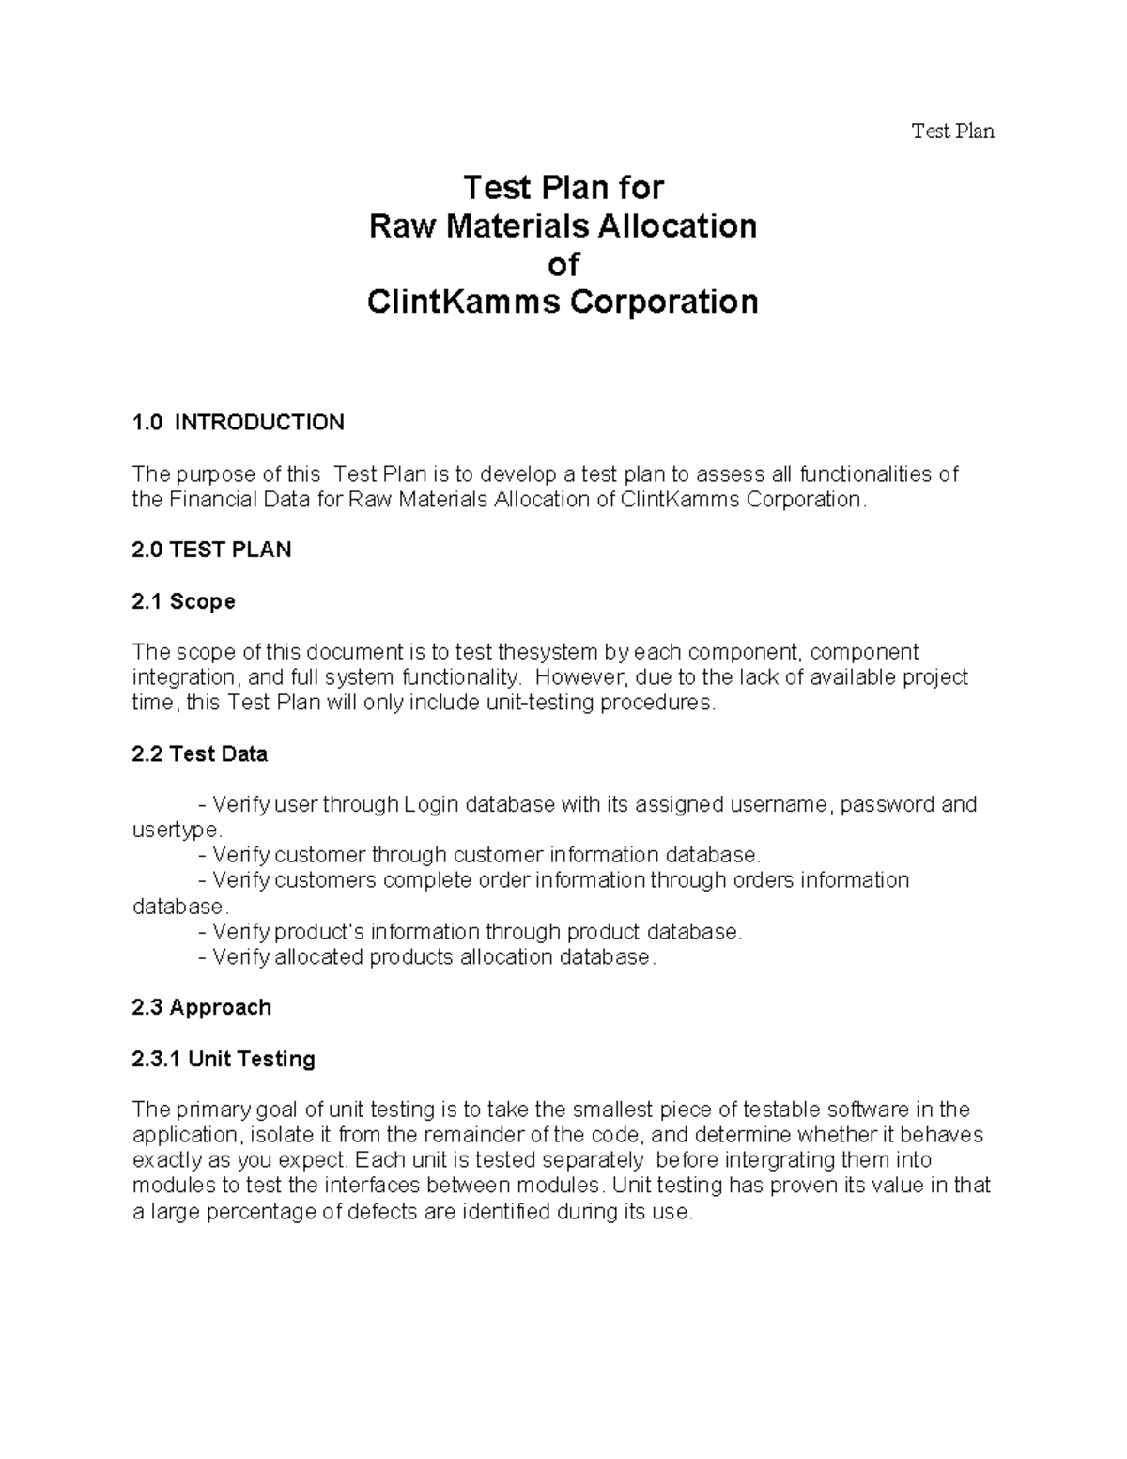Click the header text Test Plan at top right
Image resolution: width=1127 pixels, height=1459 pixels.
pos(952,132)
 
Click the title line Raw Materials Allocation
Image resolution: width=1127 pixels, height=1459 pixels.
pos(563,226)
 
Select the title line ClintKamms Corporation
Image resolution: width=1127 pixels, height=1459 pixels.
pos(563,303)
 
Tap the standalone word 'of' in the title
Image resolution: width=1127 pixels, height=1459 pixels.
pos(563,265)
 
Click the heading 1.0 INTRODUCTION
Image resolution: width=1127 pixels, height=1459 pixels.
pos(239,423)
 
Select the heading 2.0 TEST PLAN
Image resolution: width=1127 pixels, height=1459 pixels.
pos(212,551)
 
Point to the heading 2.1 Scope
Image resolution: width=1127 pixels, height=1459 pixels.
pos(184,601)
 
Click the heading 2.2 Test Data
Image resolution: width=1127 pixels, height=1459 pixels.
pos(200,754)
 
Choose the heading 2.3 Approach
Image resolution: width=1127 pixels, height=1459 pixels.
pos(202,1008)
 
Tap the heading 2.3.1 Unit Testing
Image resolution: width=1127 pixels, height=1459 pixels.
pos(224,1060)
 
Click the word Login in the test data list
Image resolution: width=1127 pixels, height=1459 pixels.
pos(431,805)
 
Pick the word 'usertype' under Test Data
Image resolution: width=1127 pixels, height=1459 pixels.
pos(176,830)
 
